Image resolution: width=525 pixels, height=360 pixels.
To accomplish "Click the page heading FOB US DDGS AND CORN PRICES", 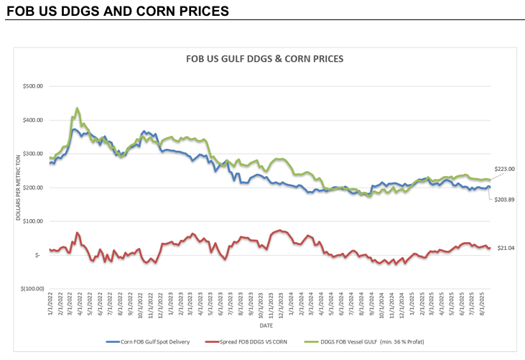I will [x=117, y=11].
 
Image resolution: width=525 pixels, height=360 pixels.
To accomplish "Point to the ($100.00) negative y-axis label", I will [x=29, y=289].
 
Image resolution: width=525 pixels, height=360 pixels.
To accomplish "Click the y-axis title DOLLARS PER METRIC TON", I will [x=19, y=188].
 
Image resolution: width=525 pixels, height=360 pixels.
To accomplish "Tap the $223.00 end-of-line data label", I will [x=506, y=169].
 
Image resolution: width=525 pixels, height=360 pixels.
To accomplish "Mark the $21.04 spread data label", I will [x=506, y=247].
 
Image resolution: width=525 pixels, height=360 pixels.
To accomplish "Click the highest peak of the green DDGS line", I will [x=77, y=109].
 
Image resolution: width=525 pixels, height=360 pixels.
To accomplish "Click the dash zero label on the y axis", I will [x=37, y=255].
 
